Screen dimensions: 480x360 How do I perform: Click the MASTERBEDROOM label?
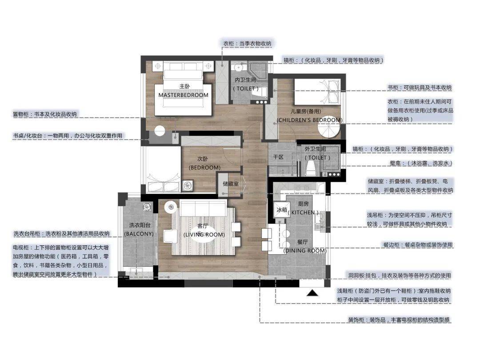pyautogui.click(x=183, y=95)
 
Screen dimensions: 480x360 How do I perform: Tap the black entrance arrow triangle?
pyautogui.click(x=312, y=293)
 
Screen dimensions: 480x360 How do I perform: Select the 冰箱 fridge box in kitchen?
pyautogui.click(x=282, y=210)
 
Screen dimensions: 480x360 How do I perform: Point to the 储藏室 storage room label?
pyautogui.click(x=231, y=184)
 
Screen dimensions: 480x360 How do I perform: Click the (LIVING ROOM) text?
pyautogui.click(x=204, y=235)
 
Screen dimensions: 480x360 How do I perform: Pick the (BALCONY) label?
pyautogui.click(x=139, y=234)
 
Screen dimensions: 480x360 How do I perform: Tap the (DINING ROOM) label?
pyautogui.click(x=305, y=251)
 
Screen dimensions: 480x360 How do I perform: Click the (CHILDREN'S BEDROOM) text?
pyautogui.click(x=309, y=120)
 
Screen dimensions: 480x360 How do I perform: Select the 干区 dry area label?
pyautogui.click(x=278, y=157)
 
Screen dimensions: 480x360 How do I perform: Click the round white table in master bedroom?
pyautogui.click(x=160, y=131)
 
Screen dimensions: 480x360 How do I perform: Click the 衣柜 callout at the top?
pyautogui.click(x=247, y=44)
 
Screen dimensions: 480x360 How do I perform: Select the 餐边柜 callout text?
pyautogui.click(x=417, y=245)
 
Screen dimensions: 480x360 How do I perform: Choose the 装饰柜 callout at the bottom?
pyautogui.click(x=399, y=320)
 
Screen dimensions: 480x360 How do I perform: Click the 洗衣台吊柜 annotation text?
pyautogui.click(x=61, y=234)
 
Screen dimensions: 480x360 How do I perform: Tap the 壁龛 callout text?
pyautogui.click(x=421, y=163)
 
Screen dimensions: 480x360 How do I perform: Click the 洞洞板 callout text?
pyautogui.click(x=399, y=276)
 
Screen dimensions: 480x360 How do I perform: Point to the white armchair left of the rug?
pyautogui.click(x=169, y=236)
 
